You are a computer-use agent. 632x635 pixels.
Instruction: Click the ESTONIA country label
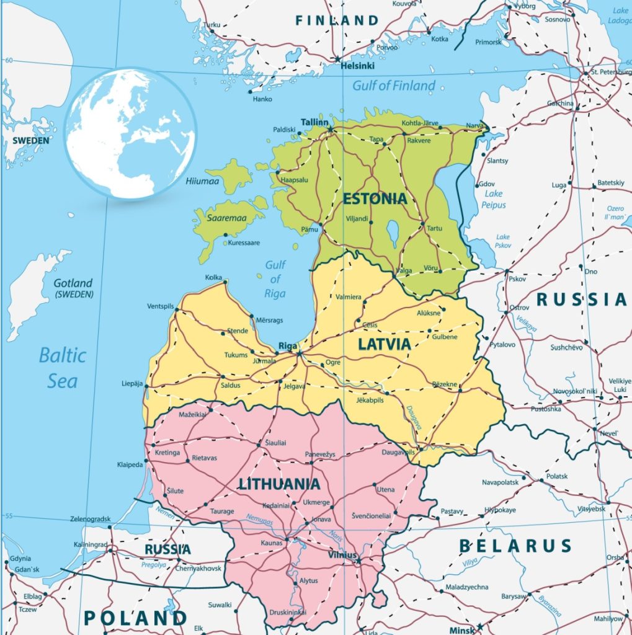375,199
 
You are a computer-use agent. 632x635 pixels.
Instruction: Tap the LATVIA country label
383,344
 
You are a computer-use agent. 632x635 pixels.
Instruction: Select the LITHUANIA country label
280,484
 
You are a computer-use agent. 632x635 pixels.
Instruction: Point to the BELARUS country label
515,546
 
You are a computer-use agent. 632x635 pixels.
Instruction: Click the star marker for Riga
299,353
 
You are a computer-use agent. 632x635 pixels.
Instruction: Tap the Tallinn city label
314,122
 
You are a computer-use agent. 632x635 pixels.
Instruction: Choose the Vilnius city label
342,555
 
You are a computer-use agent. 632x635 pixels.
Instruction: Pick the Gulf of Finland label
394,86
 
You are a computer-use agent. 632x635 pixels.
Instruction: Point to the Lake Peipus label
494,199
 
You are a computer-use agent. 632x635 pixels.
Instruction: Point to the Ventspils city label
161,306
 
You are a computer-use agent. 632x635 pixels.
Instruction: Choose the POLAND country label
135,618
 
